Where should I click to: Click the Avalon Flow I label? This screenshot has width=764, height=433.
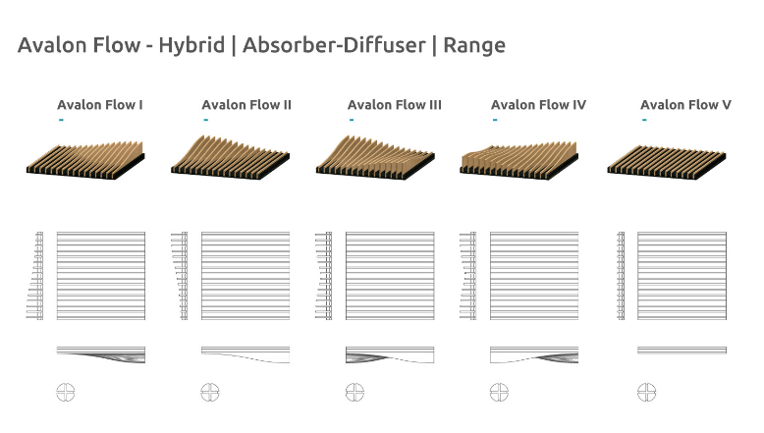(x=100, y=105)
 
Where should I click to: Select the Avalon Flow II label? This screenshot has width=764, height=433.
(x=246, y=105)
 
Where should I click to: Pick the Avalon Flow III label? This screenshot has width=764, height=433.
(x=395, y=105)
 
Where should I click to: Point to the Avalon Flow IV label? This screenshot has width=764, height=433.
(x=538, y=105)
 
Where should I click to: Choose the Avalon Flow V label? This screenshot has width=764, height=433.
(x=685, y=105)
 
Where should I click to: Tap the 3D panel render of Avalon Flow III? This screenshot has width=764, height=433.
(x=374, y=156)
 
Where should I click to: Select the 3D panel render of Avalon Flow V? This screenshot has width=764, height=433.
(x=667, y=159)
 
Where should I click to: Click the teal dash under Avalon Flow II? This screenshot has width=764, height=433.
(x=205, y=120)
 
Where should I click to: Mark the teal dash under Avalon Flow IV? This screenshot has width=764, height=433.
(x=494, y=120)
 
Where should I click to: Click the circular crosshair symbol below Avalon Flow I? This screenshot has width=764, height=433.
(x=65, y=393)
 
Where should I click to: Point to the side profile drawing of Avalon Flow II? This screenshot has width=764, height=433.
(x=246, y=354)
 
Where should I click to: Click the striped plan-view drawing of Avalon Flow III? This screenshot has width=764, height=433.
(x=390, y=276)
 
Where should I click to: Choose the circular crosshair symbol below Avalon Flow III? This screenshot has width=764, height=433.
(x=355, y=393)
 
